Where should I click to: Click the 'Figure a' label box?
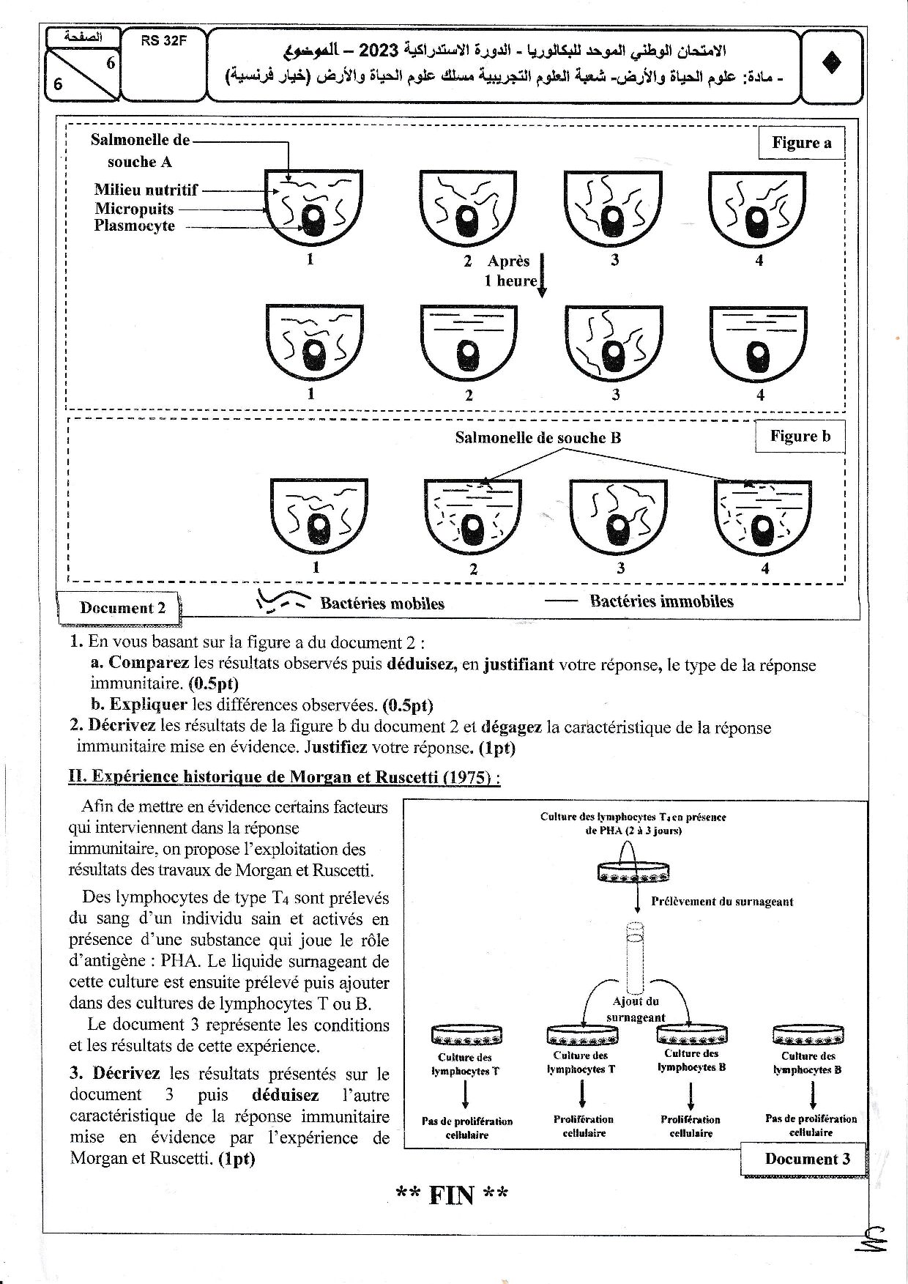point(802,143)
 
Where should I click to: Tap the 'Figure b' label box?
point(800,437)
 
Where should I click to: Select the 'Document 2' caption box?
point(123,608)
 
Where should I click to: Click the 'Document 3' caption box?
point(807,1159)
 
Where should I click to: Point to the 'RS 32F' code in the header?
point(164,41)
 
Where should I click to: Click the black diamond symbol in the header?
point(833,64)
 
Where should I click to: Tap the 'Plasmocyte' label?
point(134,226)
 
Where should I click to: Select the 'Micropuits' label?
point(134,209)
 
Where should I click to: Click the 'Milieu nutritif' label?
point(146,190)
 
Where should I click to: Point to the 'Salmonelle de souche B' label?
point(538,438)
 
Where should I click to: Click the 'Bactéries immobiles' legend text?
point(661,601)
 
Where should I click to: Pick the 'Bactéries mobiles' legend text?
point(382,604)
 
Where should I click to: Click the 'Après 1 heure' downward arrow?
point(543,275)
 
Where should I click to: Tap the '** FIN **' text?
point(452,1195)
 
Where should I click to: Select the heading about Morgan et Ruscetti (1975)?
point(284,777)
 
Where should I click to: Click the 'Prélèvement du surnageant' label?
point(721,902)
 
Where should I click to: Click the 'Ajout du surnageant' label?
point(635,1009)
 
